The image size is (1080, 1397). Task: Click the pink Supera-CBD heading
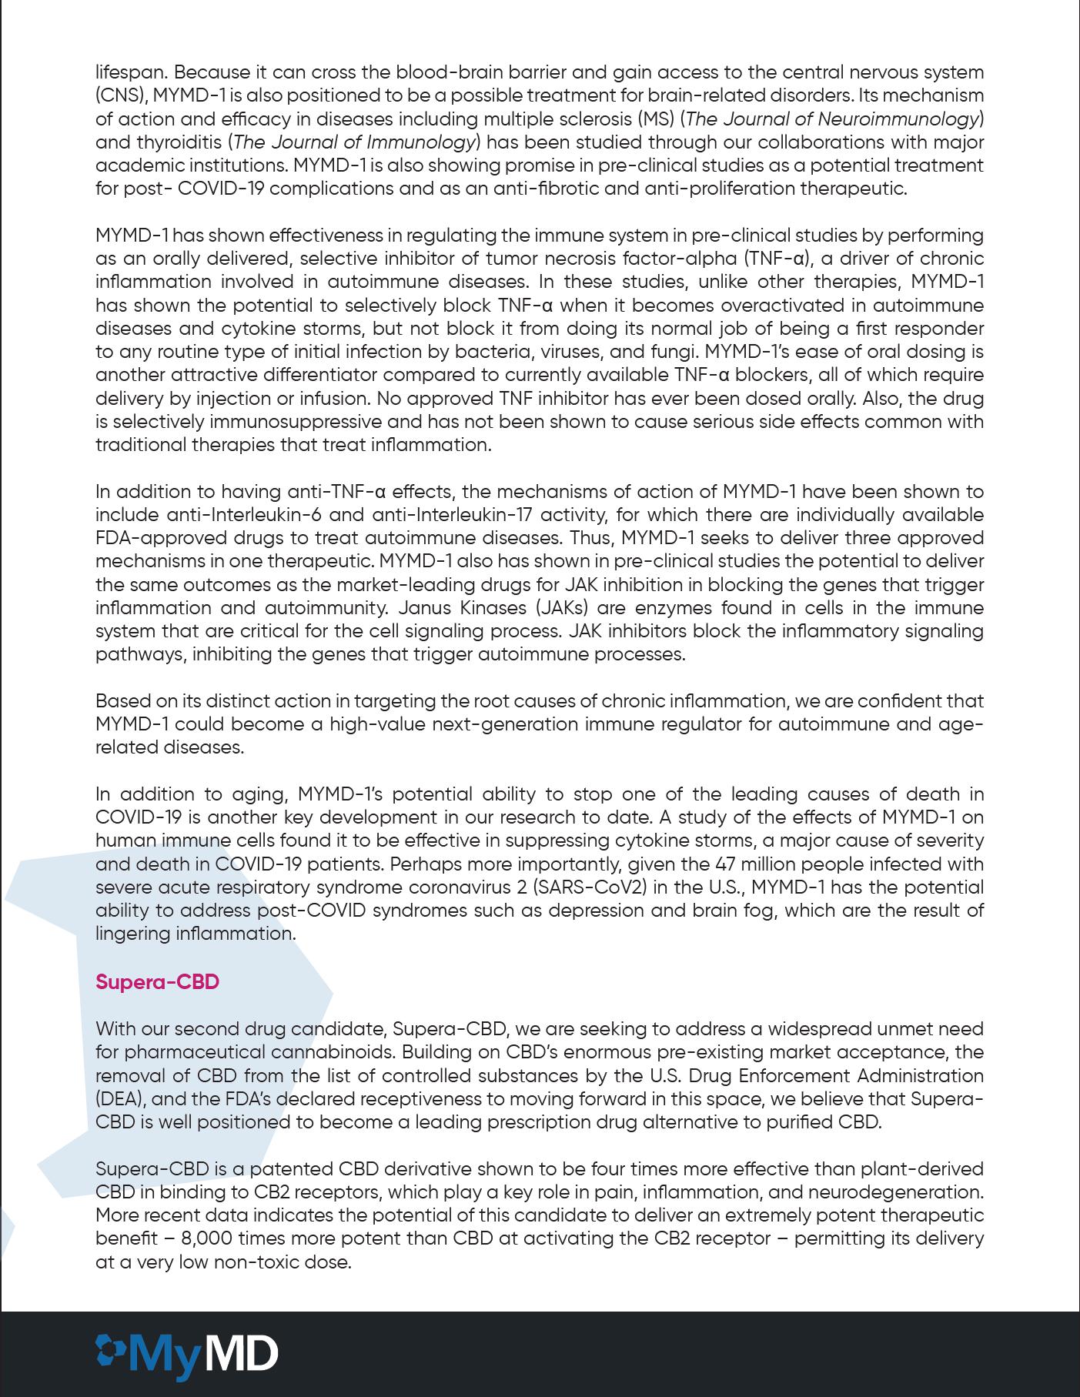pos(157,982)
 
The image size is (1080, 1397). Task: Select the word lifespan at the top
pos(131,72)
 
